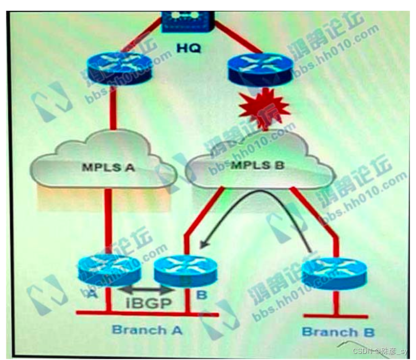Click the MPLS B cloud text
(254, 165)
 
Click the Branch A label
(147, 329)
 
